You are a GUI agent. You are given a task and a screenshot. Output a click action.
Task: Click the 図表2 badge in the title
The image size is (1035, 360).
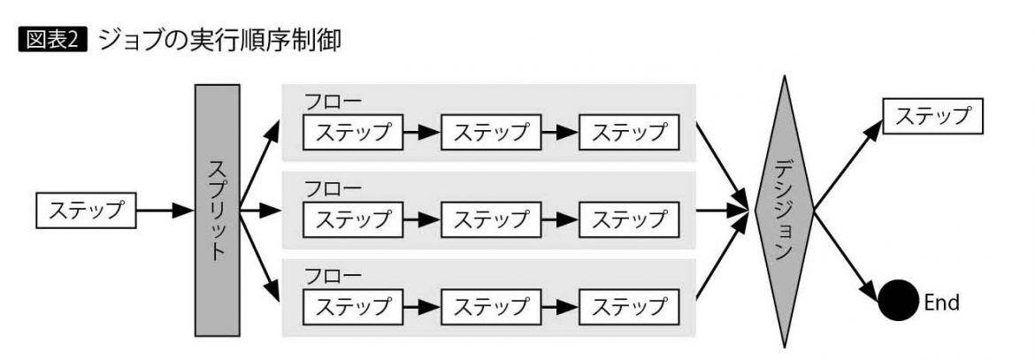point(53,41)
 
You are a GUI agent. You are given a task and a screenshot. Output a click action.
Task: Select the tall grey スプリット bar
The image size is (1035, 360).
point(217,211)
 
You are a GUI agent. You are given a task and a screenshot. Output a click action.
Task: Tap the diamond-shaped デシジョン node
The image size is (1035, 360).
point(783,211)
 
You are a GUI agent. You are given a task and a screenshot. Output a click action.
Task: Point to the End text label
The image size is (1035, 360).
point(941,302)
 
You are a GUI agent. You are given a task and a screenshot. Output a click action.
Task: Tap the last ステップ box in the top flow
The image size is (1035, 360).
point(628,133)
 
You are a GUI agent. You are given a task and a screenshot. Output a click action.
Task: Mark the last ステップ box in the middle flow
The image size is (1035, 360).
point(628,218)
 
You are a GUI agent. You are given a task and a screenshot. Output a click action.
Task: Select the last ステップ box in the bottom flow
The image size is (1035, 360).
point(628,306)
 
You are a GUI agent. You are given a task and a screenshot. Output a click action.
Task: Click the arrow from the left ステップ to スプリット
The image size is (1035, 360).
point(168,211)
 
